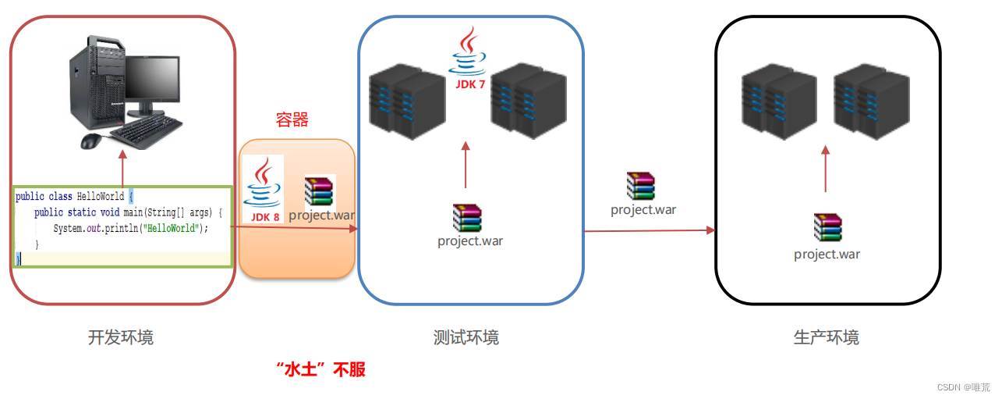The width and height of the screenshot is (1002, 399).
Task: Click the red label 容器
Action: (x=292, y=119)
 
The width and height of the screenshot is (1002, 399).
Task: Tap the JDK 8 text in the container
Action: (x=265, y=217)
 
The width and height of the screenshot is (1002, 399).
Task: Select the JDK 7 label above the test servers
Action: (x=470, y=84)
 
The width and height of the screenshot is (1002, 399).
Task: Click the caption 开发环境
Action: (x=121, y=337)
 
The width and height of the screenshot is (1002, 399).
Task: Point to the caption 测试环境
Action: (x=466, y=337)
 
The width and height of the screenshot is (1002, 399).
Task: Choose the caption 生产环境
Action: (x=826, y=337)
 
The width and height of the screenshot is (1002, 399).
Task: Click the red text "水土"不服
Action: (x=321, y=369)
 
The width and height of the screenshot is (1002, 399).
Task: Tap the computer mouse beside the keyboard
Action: (x=91, y=141)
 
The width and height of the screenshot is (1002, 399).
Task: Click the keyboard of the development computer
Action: (x=147, y=132)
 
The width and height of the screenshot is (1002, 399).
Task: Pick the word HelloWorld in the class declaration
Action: (x=101, y=197)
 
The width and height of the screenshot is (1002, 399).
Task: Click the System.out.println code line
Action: (x=131, y=228)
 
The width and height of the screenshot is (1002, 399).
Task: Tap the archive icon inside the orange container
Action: (x=319, y=191)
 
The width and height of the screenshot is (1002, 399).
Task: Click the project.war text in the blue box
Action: (x=470, y=241)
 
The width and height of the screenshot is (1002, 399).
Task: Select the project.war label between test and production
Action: (x=643, y=209)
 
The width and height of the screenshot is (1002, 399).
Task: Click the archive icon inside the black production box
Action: (x=828, y=227)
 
